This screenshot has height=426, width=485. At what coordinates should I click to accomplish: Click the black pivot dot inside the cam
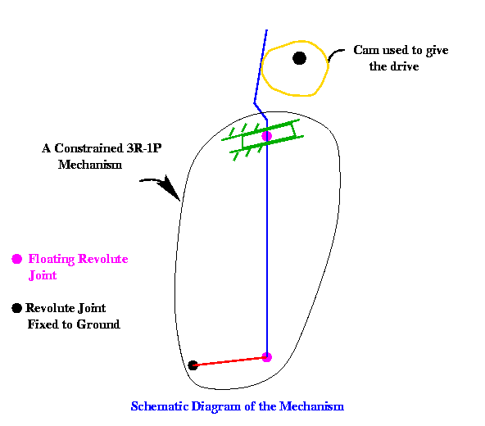(299, 58)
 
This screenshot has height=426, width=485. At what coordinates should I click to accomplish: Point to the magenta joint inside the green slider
(266, 136)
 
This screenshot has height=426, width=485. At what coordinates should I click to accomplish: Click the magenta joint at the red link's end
(266, 357)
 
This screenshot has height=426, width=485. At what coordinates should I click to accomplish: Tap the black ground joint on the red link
(193, 365)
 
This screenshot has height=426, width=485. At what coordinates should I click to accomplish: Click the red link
(229, 361)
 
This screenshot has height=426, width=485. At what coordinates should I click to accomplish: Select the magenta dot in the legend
(16, 259)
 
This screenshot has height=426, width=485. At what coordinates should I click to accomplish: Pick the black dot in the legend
(16, 308)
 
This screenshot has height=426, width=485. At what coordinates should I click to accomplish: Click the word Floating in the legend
(52, 259)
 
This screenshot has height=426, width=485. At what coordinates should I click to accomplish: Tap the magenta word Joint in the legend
(43, 275)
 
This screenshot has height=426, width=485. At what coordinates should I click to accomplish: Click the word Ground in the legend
(98, 324)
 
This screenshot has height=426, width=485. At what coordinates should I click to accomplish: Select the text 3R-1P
(144, 148)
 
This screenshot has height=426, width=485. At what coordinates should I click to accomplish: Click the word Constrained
(88, 148)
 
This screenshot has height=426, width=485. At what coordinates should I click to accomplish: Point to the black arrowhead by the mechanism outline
(170, 188)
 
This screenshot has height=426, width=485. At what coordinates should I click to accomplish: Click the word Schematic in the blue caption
(159, 406)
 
